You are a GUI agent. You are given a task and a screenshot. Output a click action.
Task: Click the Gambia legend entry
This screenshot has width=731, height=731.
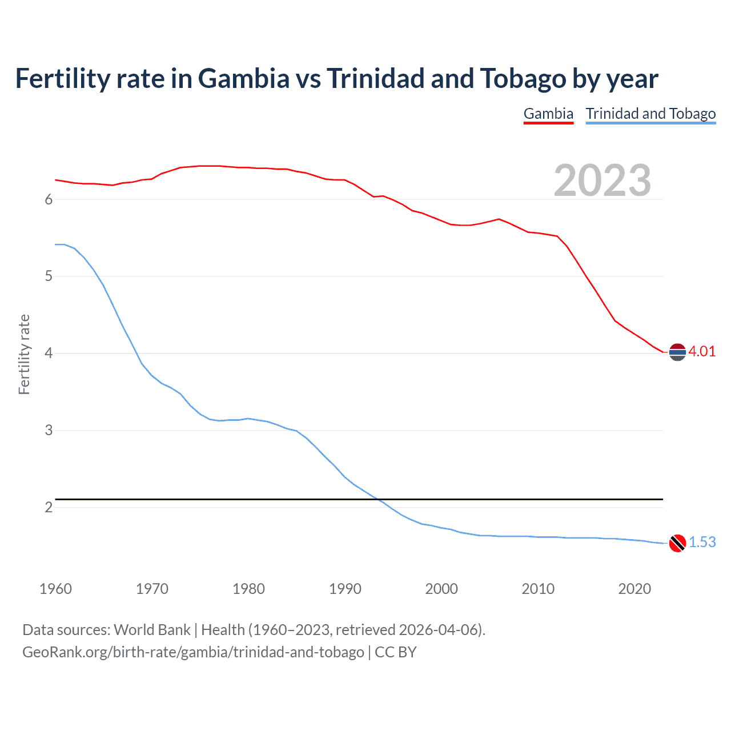(548, 114)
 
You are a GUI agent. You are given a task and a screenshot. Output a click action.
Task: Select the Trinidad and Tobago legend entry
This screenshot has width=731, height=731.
(650, 114)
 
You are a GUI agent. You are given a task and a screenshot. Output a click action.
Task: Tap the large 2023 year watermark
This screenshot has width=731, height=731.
(603, 180)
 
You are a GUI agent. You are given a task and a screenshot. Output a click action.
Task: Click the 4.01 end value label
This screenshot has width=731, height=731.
(702, 351)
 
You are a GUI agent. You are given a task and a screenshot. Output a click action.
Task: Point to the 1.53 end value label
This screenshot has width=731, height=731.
(702, 542)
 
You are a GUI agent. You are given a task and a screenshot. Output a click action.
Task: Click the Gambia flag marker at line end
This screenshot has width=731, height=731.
(677, 352)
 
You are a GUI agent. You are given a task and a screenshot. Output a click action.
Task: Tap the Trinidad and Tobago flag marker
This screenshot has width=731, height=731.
(677, 543)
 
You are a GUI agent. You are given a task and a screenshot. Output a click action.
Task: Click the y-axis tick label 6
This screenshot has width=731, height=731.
(49, 199)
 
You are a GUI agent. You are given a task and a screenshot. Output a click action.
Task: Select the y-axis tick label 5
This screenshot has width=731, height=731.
(49, 276)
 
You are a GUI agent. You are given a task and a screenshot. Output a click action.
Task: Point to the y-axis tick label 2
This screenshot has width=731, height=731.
(49, 507)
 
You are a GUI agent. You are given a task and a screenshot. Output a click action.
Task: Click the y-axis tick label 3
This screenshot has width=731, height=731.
(49, 430)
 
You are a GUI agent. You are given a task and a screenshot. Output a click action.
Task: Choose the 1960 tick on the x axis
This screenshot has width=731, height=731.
(55, 589)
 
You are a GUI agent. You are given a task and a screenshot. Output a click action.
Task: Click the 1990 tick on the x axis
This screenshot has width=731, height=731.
(345, 589)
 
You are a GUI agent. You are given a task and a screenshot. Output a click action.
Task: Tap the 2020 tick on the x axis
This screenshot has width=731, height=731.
(634, 589)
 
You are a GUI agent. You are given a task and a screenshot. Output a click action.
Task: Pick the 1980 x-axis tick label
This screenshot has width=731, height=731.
(248, 589)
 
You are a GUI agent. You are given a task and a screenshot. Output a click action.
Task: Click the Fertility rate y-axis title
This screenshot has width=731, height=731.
(24, 354)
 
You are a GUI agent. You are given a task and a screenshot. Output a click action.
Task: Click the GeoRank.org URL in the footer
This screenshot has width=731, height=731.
(193, 652)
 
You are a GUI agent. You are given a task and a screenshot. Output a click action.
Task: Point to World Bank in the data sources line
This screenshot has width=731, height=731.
(152, 629)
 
